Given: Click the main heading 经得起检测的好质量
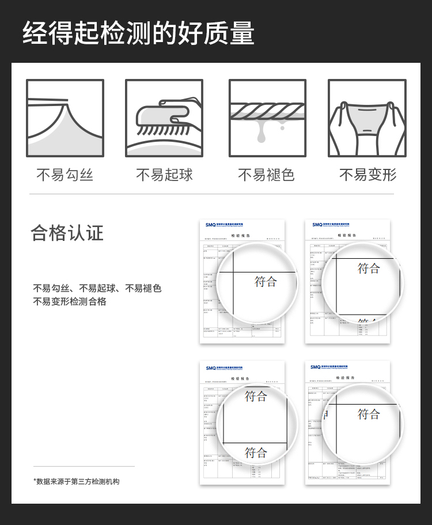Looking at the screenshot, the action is [138, 33].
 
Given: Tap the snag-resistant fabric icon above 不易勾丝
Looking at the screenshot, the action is [65, 118].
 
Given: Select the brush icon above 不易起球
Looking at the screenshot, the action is [164, 118].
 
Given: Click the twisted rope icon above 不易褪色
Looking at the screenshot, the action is [267, 118].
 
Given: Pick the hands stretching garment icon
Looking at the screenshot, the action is [367, 118].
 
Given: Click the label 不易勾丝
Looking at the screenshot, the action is [65, 175].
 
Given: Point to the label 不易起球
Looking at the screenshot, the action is [164, 175].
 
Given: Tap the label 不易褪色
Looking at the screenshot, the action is [267, 175].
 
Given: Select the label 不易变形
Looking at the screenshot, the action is [367, 175].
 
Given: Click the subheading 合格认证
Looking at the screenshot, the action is [67, 233].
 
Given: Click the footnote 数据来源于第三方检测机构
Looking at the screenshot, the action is [76, 481].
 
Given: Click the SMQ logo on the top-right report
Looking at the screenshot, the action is [317, 225].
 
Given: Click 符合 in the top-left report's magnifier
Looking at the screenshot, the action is [266, 282].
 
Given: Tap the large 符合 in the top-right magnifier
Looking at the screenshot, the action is [369, 268].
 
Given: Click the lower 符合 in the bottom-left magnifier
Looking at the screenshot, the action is [256, 453].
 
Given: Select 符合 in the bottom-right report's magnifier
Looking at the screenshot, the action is [369, 414].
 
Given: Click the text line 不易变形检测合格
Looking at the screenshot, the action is [70, 301].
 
